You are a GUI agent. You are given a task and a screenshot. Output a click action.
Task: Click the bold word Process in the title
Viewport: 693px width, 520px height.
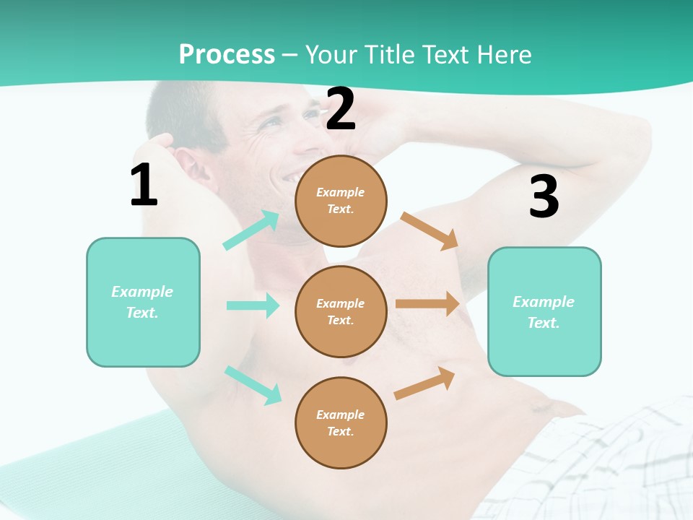tap(227, 54)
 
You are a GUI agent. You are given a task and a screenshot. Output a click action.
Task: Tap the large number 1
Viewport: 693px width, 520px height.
tap(144, 185)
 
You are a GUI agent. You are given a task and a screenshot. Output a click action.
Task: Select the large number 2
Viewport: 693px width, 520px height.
tap(341, 109)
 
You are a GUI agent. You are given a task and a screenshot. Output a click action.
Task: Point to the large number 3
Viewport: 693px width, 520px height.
tap(544, 197)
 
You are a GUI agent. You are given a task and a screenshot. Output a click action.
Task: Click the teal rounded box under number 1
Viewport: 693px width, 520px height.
tap(143, 302)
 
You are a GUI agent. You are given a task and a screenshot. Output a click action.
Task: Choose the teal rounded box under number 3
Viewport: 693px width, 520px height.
tap(544, 311)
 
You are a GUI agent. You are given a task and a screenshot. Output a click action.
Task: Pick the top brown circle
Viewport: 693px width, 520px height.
tap(341, 201)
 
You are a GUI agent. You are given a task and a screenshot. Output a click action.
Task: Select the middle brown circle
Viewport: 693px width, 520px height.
tap(341, 311)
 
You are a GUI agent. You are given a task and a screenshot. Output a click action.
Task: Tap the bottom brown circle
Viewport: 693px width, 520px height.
tap(341, 422)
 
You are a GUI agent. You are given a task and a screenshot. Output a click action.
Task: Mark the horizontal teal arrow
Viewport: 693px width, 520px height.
tap(253, 305)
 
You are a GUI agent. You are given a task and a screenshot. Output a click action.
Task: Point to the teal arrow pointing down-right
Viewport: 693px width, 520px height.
tap(253, 385)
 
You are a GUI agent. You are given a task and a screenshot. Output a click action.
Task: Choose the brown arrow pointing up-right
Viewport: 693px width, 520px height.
tap(424, 383)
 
